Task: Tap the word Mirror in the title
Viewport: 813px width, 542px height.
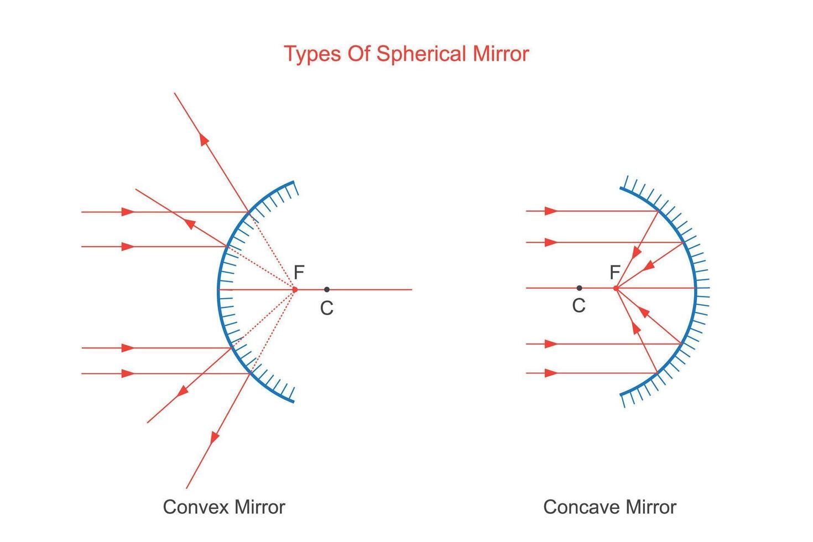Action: (x=501, y=54)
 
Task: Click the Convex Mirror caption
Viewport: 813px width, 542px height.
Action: (x=224, y=507)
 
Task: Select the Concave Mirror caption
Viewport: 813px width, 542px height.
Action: (x=609, y=507)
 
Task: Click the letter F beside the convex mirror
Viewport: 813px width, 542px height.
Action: (x=299, y=273)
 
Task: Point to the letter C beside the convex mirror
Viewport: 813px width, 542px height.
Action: (x=326, y=309)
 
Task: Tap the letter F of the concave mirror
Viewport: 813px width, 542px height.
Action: (x=614, y=273)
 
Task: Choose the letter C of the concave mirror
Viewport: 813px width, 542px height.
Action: (x=579, y=306)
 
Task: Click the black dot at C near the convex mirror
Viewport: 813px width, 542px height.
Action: (x=327, y=289)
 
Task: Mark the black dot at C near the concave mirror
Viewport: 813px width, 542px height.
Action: (x=579, y=288)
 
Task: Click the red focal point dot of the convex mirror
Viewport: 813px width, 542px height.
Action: (x=295, y=289)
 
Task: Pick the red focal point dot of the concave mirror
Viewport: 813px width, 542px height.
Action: (x=616, y=288)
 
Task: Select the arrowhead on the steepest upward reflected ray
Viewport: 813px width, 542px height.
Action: (x=205, y=139)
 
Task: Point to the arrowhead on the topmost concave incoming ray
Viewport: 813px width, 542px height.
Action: (x=551, y=211)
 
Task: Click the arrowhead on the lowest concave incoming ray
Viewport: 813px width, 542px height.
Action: (x=551, y=373)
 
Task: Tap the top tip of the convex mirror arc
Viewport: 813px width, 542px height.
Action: (x=293, y=182)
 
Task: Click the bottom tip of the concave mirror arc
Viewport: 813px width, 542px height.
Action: (x=621, y=395)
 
